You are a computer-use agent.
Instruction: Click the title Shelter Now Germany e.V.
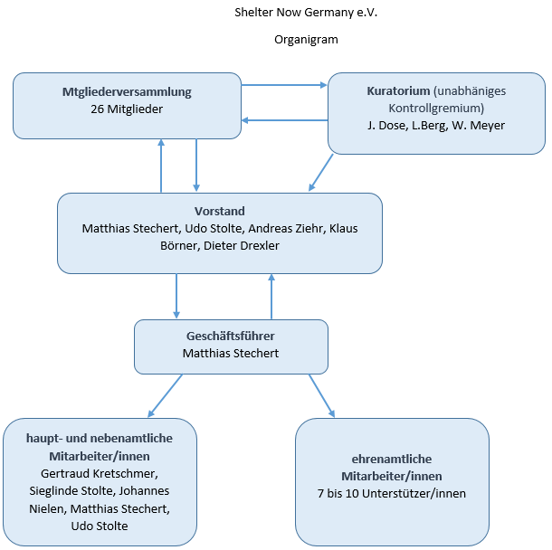point(306,13)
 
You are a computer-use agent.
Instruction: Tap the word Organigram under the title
point(306,40)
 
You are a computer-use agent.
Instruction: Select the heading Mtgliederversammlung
point(127,92)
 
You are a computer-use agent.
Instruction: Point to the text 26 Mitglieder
point(127,109)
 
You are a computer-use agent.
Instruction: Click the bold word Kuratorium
point(398,90)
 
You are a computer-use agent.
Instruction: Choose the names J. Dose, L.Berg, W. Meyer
point(436,125)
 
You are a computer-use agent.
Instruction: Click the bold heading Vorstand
point(220,211)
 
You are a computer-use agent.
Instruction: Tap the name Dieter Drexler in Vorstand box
point(242,246)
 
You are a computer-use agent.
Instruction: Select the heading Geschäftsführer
point(231,336)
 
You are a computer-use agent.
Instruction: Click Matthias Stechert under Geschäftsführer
point(231,354)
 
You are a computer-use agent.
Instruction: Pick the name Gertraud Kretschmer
point(100,474)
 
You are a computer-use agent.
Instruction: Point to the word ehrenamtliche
point(392,459)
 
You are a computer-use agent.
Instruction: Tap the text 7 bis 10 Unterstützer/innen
point(392,494)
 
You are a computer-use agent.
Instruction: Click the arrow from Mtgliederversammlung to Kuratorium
point(284,85)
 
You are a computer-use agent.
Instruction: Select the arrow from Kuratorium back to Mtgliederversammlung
point(284,120)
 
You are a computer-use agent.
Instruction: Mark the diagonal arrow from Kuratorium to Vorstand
point(320,173)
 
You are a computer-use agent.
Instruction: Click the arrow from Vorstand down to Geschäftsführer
point(176,297)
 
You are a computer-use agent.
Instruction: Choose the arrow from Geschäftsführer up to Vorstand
point(271,297)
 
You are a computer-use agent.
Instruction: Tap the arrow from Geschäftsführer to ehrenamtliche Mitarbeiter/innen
point(322,396)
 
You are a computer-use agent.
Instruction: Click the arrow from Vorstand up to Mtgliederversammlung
point(161,166)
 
